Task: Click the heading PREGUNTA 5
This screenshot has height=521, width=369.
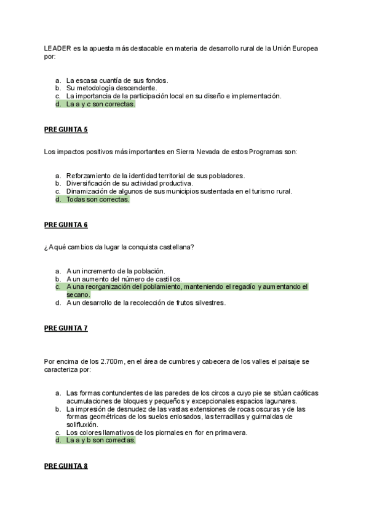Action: click(x=66, y=130)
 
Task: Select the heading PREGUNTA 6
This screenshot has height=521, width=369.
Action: click(x=66, y=225)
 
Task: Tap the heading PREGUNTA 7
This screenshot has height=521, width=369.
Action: click(x=66, y=328)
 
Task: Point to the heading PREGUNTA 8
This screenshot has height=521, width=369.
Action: click(x=66, y=466)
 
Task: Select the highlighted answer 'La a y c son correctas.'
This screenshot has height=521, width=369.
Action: click(x=101, y=104)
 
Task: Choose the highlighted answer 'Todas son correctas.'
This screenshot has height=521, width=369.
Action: click(x=98, y=199)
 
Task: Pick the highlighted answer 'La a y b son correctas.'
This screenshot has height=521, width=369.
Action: click(x=101, y=440)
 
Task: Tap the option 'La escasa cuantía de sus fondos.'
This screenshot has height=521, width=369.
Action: click(x=117, y=80)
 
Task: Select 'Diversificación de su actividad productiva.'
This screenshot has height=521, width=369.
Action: click(x=130, y=183)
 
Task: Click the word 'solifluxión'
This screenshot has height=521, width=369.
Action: click(x=82, y=425)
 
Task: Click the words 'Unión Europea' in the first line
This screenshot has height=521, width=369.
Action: click(x=295, y=48)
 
